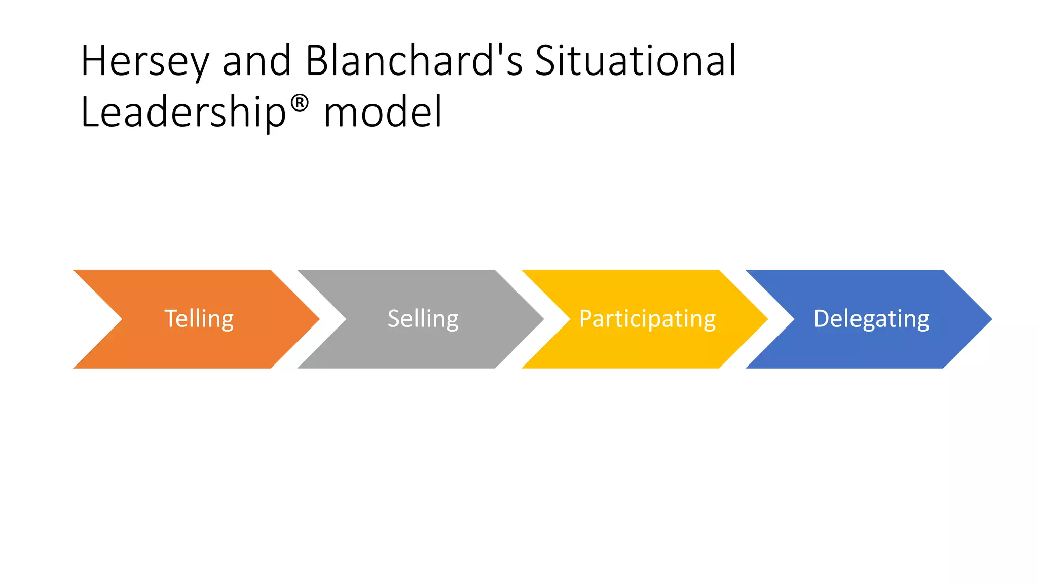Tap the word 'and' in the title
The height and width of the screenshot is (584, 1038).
256,61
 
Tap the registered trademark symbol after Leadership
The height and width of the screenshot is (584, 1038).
300,103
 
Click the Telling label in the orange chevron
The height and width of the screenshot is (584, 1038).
199,319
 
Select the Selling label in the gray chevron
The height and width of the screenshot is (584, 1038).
423,319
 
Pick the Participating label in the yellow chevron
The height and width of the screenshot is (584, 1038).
647,319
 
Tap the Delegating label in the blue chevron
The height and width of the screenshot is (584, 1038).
871,319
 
